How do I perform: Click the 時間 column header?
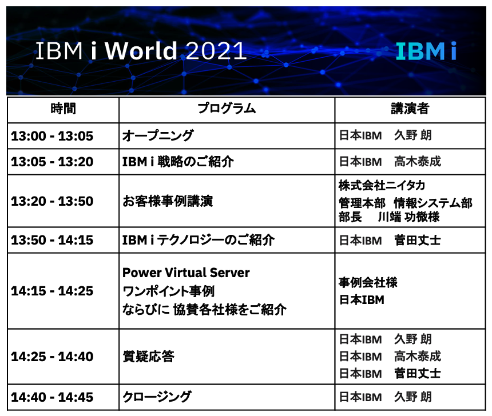[x=63, y=109]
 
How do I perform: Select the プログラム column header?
[x=227, y=109]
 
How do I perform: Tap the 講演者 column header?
[x=410, y=109]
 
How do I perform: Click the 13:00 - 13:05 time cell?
[x=52, y=136]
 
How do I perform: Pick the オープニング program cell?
[x=158, y=136]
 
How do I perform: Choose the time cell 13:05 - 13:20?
[x=52, y=162]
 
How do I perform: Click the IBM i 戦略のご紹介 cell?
[x=178, y=162]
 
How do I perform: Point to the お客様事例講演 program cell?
[x=168, y=201]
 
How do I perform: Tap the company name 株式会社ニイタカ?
[x=382, y=186]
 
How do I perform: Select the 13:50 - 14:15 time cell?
[x=52, y=240]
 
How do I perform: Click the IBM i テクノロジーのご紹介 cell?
[x=199, y=240]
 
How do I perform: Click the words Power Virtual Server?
[x=186, y=273]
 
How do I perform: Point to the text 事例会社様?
[x=368, y=282]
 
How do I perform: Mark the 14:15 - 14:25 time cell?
[x=52, y=291]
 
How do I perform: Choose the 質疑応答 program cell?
[x=148, y=357]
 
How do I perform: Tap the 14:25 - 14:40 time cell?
[x=52, y=357]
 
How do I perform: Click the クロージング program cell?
[x=157, y=397]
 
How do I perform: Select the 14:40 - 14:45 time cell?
[x=52, y=398]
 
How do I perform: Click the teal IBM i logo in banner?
[x=426, y=51]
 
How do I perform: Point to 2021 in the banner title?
[x=216, y=51]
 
